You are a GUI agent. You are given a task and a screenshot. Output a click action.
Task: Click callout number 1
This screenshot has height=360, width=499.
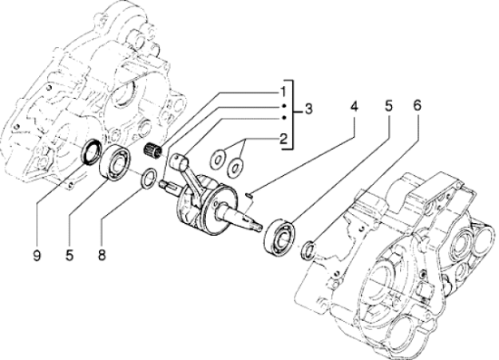pos(283,92)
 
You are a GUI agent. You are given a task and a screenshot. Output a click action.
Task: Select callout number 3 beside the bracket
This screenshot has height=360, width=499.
pos(308,109)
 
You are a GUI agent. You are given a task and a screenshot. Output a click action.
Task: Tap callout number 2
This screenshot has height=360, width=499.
pos(283,139)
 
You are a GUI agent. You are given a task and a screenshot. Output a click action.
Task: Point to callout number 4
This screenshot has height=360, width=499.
pos(354,106)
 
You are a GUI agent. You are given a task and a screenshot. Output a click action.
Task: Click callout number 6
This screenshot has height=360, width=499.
pos(417,105)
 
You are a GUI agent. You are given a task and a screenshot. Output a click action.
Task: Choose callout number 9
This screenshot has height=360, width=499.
pos(37,255)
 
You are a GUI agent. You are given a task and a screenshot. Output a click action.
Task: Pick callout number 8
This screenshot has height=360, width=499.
pos(102,255)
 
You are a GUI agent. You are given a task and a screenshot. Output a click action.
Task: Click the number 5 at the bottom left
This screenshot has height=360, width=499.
pos(70,255)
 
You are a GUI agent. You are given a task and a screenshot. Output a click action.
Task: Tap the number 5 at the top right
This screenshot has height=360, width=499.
pos(388,106)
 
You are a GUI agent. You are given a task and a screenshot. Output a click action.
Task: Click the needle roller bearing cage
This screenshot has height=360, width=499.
pos(152,150)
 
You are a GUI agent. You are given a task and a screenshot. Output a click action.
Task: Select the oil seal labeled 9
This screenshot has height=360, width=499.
pos(92,152)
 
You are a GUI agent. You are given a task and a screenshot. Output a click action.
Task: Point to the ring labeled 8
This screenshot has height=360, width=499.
pos(149,178)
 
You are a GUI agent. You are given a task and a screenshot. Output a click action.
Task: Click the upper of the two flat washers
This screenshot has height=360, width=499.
pos(218,158)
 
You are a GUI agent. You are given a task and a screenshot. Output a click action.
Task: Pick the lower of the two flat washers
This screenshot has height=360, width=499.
pos(236,167)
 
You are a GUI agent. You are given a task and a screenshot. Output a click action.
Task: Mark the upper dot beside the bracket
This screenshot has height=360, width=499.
pos(284,106)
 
